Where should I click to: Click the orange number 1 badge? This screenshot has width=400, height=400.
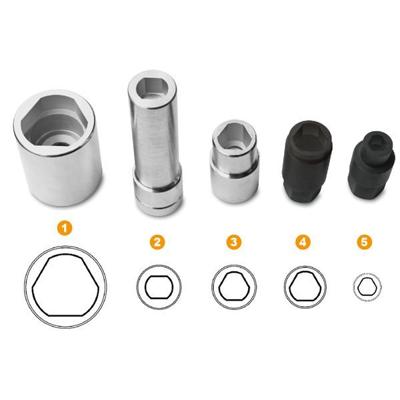65,228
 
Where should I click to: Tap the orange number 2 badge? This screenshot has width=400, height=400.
157,242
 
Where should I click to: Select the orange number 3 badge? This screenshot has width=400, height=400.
234,242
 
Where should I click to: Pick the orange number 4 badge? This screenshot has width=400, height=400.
303,242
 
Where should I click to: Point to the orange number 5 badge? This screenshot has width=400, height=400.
364,242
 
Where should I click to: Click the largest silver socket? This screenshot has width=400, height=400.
58,147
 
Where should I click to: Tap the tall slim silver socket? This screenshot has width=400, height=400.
155,143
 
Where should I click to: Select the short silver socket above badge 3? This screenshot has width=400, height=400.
235,161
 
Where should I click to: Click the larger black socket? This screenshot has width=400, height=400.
307,163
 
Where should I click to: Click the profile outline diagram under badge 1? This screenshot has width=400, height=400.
65,286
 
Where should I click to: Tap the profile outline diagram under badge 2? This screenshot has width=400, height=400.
159,287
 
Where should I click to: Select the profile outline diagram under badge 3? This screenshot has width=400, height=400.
234,287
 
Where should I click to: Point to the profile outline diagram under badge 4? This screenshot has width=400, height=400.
305,287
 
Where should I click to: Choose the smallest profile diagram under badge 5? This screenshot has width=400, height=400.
367,287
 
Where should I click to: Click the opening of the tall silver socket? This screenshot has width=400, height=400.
152,89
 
